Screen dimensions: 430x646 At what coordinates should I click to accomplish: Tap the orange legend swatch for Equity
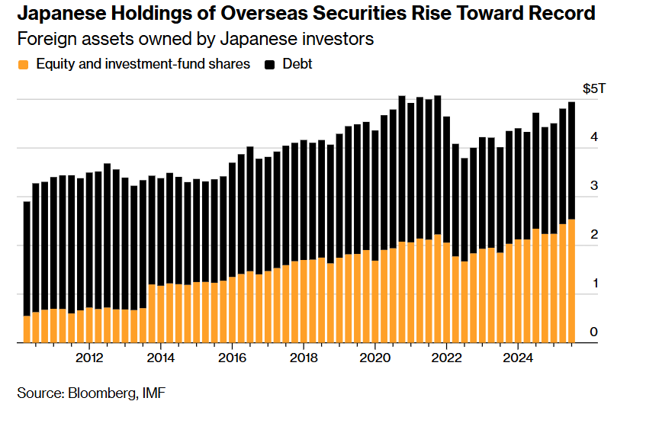coord(23,65)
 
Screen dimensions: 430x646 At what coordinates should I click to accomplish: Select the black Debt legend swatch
coord(270,65)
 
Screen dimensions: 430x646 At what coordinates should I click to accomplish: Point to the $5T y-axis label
coord(594,89)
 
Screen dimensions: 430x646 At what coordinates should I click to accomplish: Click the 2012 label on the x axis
coord(89,357)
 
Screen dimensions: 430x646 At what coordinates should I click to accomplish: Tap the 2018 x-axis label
coord(304,357)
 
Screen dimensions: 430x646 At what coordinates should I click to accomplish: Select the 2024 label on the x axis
coord(518,357)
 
